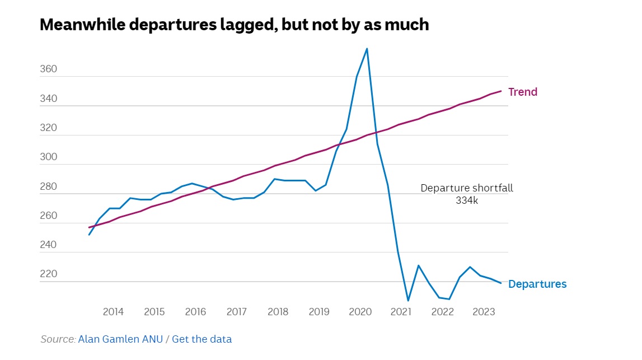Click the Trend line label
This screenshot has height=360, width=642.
coord(522,92)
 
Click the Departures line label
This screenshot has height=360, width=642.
coord(537,284)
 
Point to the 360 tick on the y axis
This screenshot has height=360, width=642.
coord(49,69)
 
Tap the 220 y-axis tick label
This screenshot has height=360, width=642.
coord(49,274)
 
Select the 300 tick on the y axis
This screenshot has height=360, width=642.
coord(49,157)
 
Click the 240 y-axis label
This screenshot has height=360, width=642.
coord(49,245)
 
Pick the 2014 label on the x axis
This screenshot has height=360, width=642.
coord(113,312)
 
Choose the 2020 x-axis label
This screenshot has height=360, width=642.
coord(360,312)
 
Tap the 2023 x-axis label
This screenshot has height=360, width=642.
coord(484,312)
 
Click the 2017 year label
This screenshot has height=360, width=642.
coord(237,312)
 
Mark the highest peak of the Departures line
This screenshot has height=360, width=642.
coord(367,49)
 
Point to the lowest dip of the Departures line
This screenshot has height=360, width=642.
coord(408,301)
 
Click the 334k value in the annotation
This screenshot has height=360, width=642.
coord(467,200)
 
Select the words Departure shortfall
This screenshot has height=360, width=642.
coord(467,188)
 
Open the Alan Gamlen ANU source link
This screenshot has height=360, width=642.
coord(120,339)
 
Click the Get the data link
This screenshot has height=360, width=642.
coord(201,339)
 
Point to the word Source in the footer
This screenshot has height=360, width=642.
coord(58,339)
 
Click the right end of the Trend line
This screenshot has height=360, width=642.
coord(501,91)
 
